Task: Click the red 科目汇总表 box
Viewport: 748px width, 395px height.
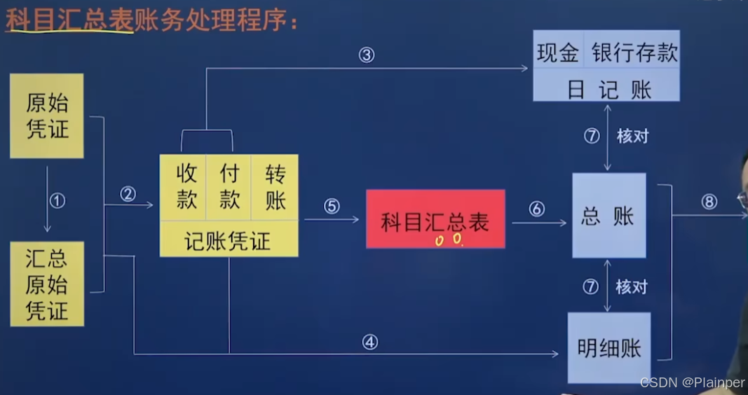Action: (x=435, y=219)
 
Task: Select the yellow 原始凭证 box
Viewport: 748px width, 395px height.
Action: (x=47, y=116)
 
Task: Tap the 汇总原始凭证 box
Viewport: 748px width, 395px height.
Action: (x=47, y=284)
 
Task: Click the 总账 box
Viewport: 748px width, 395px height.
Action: (x=608, y=216)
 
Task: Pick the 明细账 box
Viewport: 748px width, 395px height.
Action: (x=608, y=347)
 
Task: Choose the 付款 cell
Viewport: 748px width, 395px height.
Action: (x=229, y=187)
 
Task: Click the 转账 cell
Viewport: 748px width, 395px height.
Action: (x=276, y=187)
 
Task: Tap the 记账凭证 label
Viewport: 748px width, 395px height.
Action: (x=228, y=241)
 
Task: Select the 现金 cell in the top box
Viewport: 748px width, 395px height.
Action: (x=559, y=53)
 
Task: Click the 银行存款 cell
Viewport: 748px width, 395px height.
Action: (x=634, y=53)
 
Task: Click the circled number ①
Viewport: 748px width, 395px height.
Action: (x=58, y=201)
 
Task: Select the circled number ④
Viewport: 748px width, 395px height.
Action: (x=370, y=342)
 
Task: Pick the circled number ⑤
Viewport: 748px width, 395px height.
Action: (x=332, y=207)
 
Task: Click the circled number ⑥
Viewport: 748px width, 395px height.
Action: (x=537, y=209)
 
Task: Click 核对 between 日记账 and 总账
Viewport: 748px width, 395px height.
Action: (x=632, y=137)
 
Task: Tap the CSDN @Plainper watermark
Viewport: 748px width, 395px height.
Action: (x=692, y=382)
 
